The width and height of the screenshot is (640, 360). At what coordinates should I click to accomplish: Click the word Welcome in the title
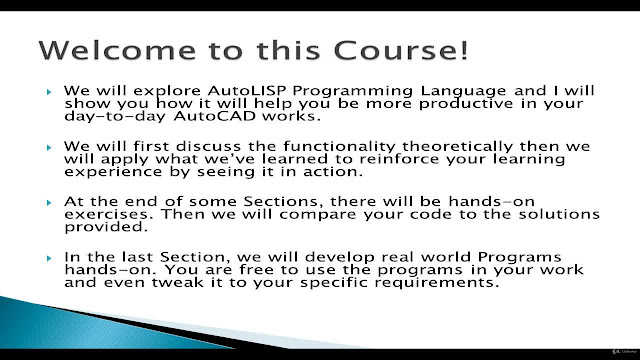click(117, 50)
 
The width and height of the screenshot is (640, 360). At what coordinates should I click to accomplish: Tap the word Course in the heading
click(395, 50)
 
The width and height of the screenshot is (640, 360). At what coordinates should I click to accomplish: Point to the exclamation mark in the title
click(464, 50)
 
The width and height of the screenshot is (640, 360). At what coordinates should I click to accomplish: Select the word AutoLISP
click(247, 90)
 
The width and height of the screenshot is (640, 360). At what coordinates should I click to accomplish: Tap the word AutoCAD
click(215, 116)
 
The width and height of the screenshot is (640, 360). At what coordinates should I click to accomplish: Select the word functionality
click(339, 147)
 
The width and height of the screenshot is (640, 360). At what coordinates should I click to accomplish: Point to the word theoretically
click(457, 147)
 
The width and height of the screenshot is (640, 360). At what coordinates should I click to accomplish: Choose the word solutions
click(559, 214)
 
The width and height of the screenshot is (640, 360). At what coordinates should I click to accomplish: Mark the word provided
click(106, 228)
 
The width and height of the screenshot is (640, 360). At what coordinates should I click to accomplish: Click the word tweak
click(178, 282)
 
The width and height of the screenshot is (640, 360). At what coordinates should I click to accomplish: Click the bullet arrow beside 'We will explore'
click(49, 92)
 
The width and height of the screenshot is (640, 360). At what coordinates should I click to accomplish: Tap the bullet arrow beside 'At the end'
click(49, 202)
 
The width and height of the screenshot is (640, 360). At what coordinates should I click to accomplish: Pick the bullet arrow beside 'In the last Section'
click(49, 258)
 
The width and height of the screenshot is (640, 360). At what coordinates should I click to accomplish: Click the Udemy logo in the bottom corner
click(624, 351)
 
